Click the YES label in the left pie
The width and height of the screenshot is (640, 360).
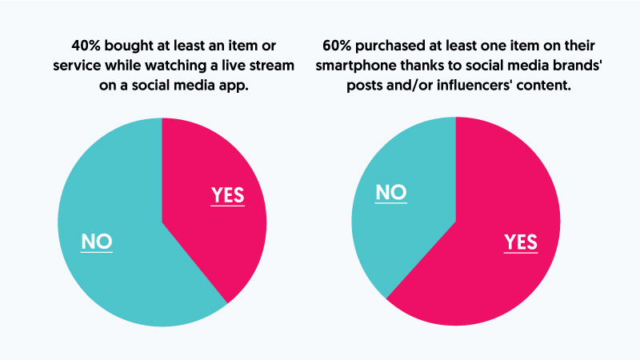227,194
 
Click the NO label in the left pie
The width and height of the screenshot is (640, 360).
97,241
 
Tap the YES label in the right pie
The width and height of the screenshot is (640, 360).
520,241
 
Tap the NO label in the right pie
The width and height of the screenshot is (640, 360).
390,193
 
